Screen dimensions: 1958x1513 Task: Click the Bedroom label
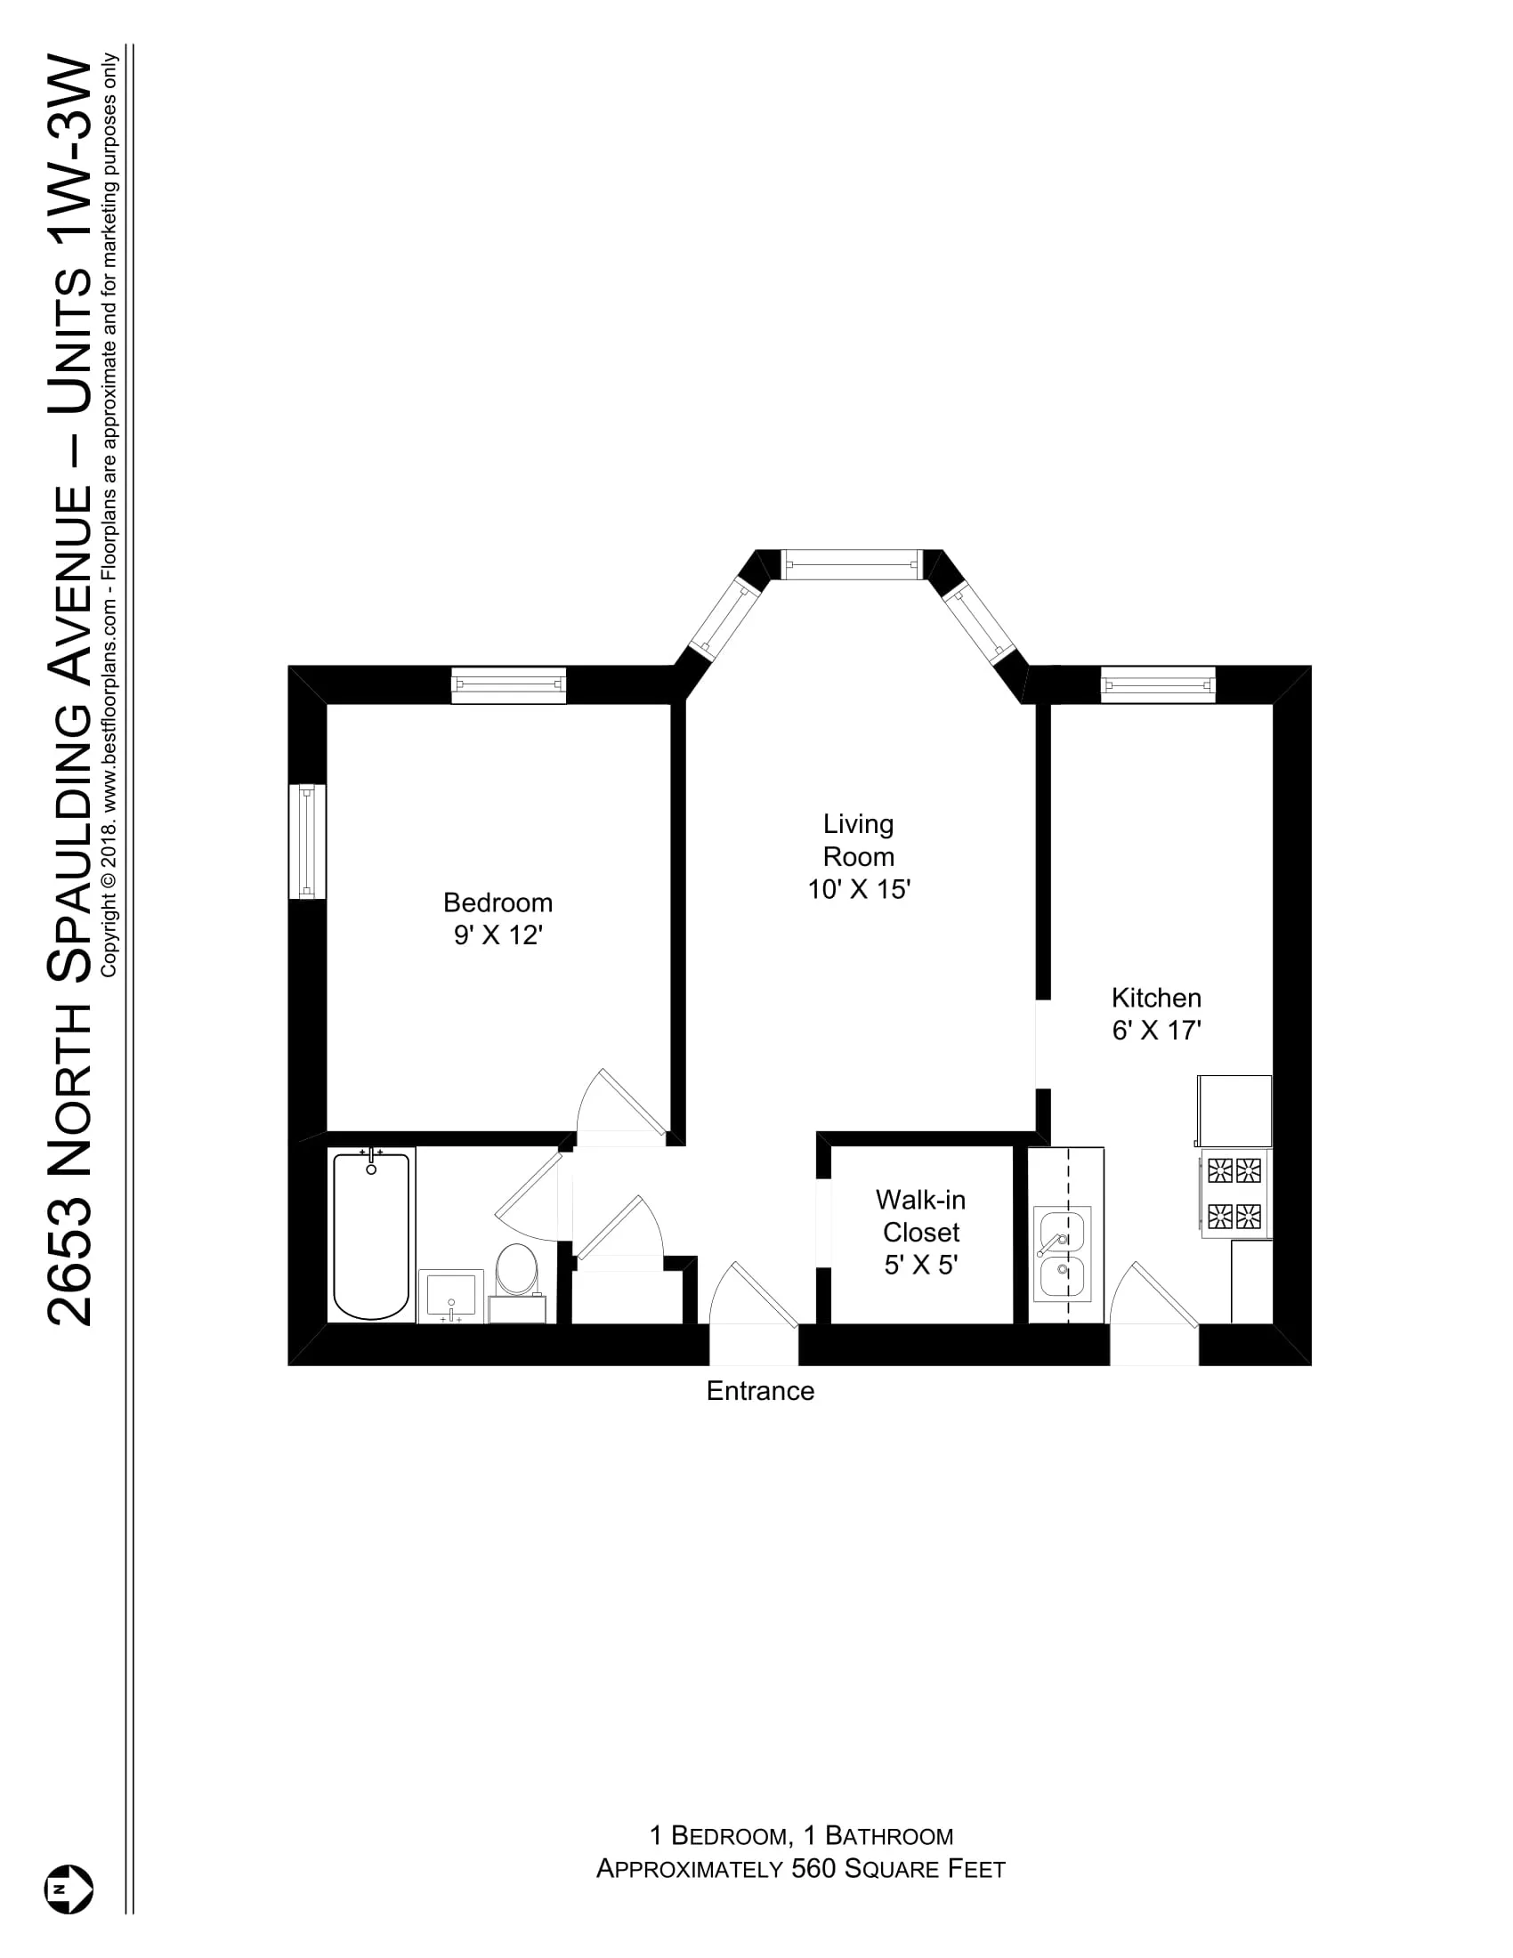[x=498, y=902]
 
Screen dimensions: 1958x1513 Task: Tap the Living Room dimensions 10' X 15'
[x=859, y=889]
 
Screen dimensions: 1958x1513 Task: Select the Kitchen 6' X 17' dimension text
[x=1156, y=1030]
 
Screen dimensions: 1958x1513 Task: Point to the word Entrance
[x=760, y=1390]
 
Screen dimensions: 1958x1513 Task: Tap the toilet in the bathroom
[x=517, y=1267]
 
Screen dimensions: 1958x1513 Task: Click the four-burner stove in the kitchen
[x=1234, y=1193]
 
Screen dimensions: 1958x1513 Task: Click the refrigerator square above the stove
[x=1234, y=1111]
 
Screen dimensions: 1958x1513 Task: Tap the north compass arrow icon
[x=69, y=1889]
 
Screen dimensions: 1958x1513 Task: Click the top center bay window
[x=852, y=565]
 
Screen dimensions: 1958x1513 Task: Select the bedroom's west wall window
[x=306, y=841]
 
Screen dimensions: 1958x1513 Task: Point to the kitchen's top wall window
[x=1157, y=685]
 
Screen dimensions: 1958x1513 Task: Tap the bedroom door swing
[x=619, y=1106]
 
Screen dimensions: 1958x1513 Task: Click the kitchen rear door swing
[x=1154, y=1297]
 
